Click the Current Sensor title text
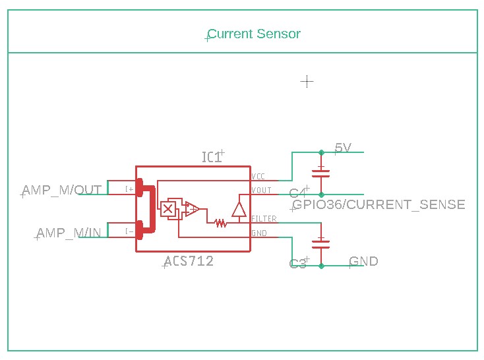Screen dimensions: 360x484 coord(254,34)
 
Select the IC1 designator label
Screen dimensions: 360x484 coord(212,157)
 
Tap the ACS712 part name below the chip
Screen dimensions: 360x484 coord(189,261)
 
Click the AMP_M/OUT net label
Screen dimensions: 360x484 coord(62,190)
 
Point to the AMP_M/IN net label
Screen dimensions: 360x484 coord(69,232)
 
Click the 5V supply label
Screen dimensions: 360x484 coord(343,148)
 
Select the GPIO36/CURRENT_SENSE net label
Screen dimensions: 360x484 coord(378,204)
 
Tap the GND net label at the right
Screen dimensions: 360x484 coord(363,261)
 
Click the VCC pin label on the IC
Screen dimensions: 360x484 coord(258,177)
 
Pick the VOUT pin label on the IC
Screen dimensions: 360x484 coord(261,191)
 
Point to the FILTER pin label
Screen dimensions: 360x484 coord(264,218)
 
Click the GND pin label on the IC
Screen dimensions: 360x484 coord(258,233)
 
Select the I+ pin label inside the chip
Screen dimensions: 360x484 coord(129,189)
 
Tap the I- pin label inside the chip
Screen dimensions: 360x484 coord(129,231)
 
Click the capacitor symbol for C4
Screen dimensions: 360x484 coord(321,173)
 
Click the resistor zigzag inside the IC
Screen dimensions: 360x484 coord(221,223)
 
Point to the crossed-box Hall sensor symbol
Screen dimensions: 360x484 coord(168,209)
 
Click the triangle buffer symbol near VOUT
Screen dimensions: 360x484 coord(239,210)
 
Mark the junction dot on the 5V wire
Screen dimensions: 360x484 coord(321,152)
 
